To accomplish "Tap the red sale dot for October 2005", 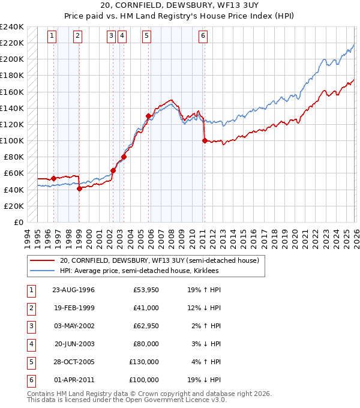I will point(148,116).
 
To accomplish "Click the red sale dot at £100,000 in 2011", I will point(205,140).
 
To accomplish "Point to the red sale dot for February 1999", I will point(79,188).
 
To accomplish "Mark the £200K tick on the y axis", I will point(12,59).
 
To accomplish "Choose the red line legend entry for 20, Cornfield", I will point(159,261).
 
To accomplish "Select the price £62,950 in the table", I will point(146,326).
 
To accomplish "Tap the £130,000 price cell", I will point(144,362).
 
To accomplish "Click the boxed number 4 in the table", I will point(30,344).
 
